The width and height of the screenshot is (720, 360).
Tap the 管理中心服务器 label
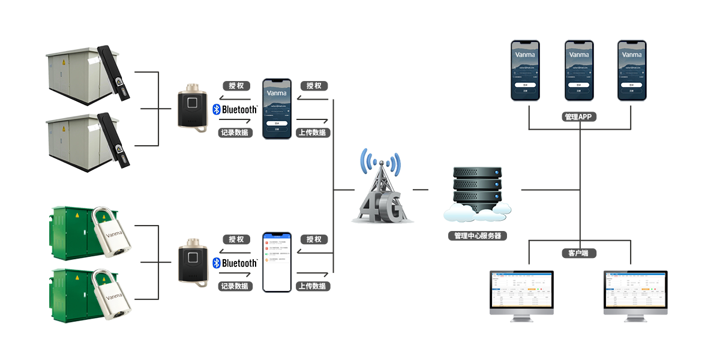click(x=478, y=236)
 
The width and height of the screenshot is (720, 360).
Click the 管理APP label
click(x=580, y=116)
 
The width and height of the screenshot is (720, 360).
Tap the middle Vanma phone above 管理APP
click(x=579, y=70)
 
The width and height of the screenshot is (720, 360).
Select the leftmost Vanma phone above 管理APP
click(x=525, y=70)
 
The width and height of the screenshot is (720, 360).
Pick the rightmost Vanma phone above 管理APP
click(x=633, y=70)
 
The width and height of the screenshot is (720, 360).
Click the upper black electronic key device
click(x=193, y=107)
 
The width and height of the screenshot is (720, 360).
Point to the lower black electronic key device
click(x=193, y=262)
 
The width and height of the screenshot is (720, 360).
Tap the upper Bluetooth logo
click(x=235, y=110)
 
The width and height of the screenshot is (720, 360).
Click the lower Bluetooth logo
click(x=235, y=263)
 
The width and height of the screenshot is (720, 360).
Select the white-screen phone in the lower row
click(x=277, y=262)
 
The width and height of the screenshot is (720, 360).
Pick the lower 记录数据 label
click(x=235, y=286)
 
